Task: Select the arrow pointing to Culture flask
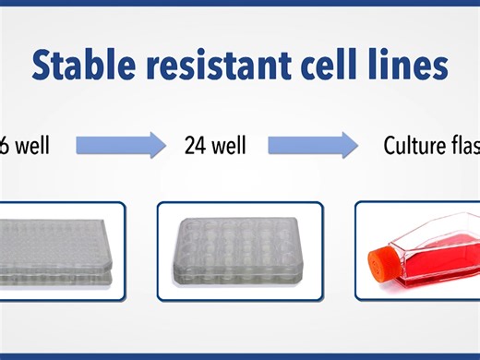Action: click(x=312, y=145)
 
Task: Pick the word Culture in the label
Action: click(x=413, y=145)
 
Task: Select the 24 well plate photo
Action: click(x=239, y=250)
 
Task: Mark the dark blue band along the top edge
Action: click(x=240, y=4)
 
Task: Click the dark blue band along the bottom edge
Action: click(x=240, y=355)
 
